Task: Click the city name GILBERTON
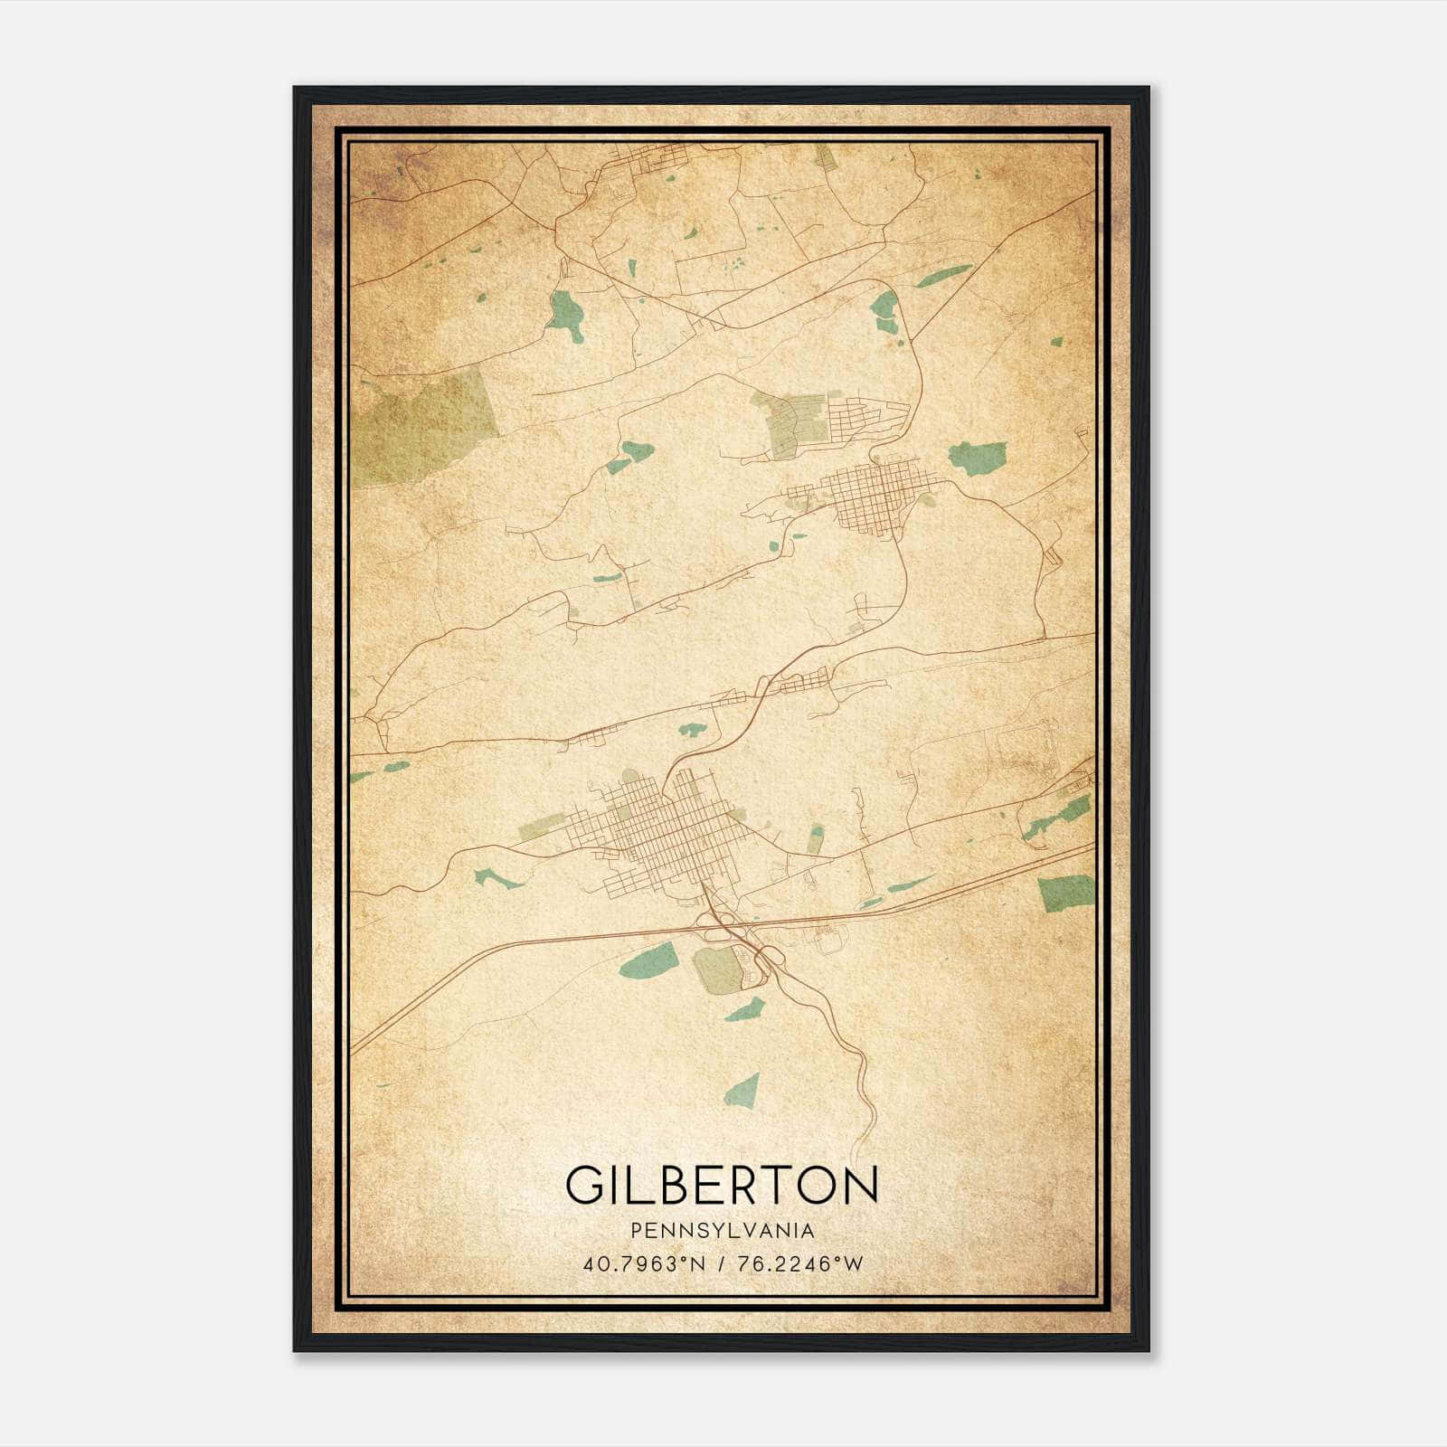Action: tap(722, 1186)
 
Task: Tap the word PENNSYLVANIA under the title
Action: tap(722, 1231)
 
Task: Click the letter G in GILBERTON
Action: tap(584, 1186)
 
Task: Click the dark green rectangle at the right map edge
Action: tap(1065, 893)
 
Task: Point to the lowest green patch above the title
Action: tap(742, 1089)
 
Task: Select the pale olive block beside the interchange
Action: tap(718, 970)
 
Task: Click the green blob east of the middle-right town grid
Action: tap(977, 458)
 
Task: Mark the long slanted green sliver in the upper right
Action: tap(943, 275)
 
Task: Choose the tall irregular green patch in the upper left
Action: tap(566, 316)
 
